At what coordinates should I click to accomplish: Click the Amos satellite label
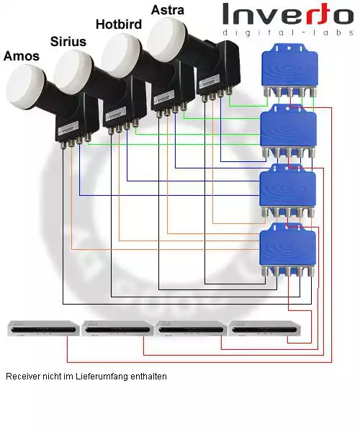(22, 56)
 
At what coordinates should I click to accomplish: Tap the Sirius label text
(68, 42)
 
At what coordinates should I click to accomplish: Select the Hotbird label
(119, 24)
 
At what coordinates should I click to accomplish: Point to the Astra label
(168, 10)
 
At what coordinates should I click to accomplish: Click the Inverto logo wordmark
(288, 14)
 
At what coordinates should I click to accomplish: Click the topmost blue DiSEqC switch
(289, 71)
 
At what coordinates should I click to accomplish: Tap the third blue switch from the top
(287, 191)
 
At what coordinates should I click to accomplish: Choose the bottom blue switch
(287, 250)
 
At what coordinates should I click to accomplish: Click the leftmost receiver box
(43, 328)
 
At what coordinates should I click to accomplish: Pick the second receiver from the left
(117, 328)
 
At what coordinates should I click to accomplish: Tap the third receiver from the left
(191, 328)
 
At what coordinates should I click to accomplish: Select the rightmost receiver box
(265, 328)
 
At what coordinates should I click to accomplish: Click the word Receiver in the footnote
(23, 377)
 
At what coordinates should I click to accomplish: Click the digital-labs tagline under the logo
(288, 32)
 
